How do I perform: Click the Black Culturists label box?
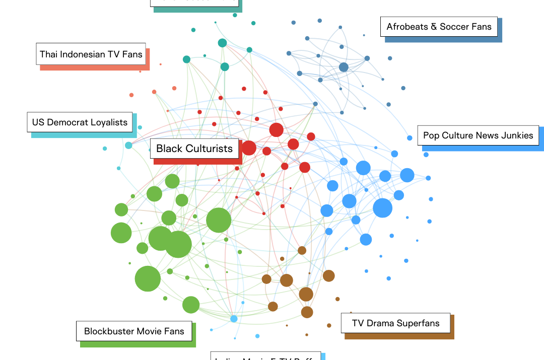(194, 149)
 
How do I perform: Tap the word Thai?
(49, 54)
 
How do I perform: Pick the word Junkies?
(516, 135)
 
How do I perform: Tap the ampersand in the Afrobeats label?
(434, 27)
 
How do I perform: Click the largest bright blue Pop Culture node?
(382, 208)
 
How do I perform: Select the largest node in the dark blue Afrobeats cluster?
(344, 67)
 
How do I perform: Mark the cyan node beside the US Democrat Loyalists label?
(128, 146)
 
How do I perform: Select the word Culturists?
(209, 149)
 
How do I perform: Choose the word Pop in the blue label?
(431, 135)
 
